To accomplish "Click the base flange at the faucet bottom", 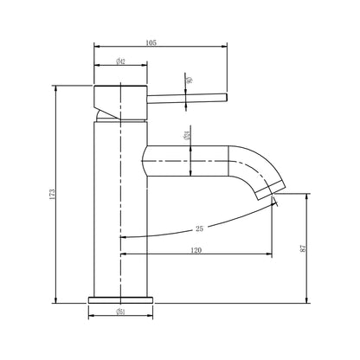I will (x=121, y=299).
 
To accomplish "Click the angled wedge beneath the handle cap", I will (x=106, y=113).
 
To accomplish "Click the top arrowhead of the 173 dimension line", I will (x=56, y=87).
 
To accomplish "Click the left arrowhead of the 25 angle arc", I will (x=121, y=235).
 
